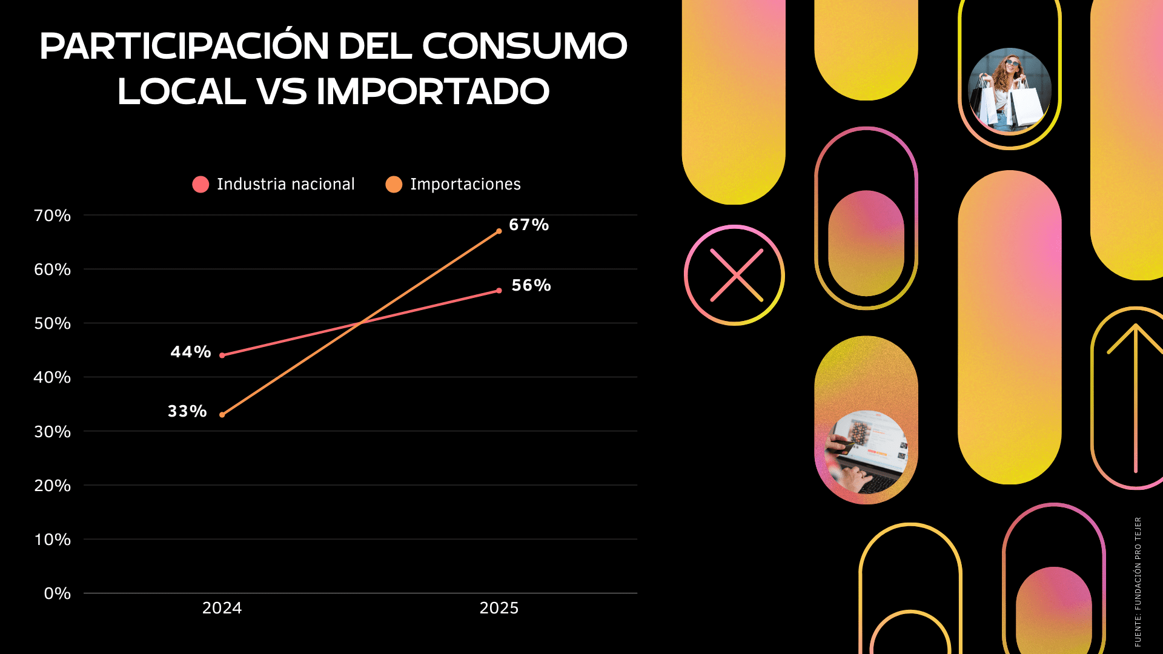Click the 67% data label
528,225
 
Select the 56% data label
531,285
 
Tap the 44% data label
190,352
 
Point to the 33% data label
187,411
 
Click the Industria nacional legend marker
200,184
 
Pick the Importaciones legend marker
394,184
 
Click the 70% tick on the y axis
52,216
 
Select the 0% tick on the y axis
57,593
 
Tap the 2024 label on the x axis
222,608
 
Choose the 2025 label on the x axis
499,608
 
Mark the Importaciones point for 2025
499,231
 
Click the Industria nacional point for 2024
222,355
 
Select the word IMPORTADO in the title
432,91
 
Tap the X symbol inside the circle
736,276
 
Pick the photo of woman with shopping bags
1009,90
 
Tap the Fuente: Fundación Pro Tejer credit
1138,581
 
